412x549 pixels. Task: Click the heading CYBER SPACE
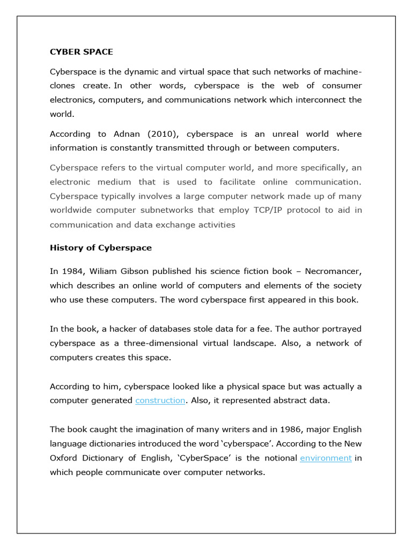82,52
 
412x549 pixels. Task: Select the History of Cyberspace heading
101,248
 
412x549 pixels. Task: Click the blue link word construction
160,400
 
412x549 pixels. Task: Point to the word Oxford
64,458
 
